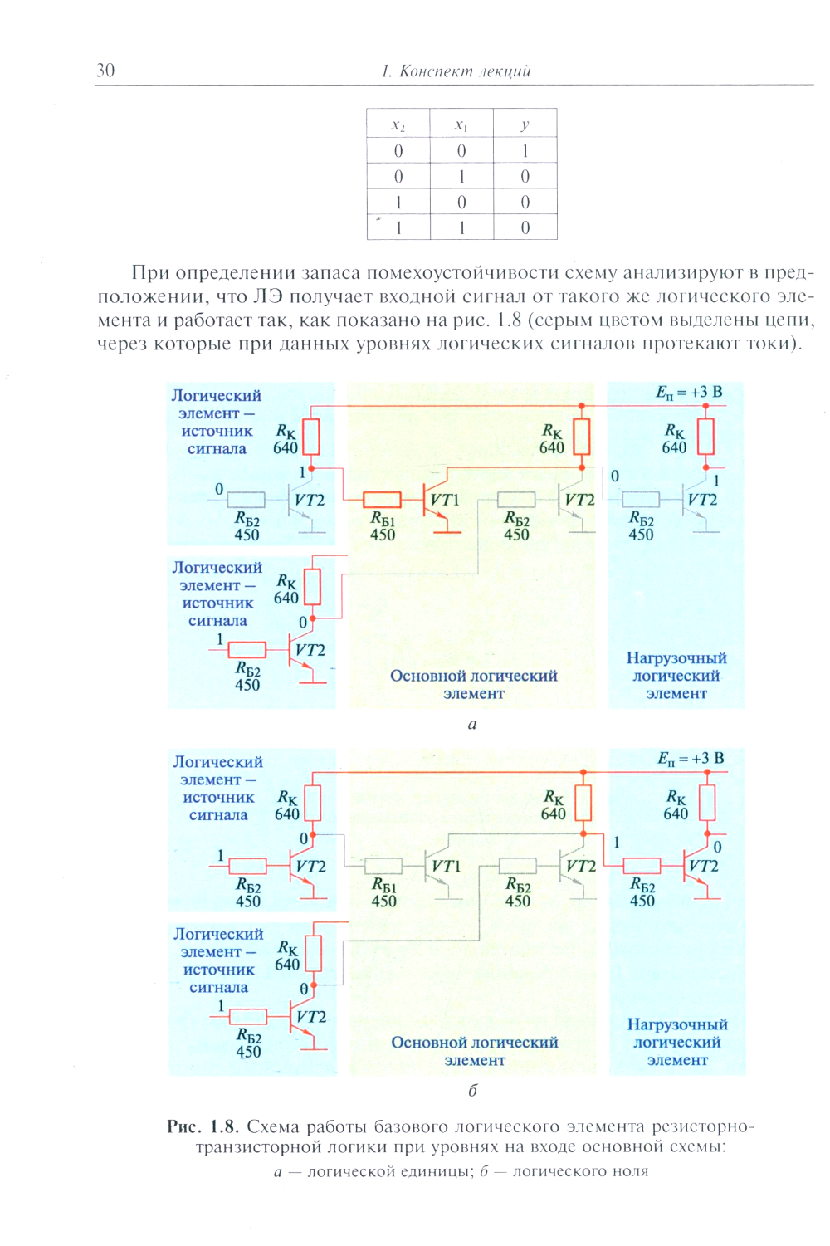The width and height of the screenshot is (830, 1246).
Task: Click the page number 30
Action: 105,71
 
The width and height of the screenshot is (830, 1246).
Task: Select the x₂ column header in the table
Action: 398,125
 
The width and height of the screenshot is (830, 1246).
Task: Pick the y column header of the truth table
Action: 525,125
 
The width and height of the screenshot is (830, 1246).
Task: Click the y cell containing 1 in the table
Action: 525,151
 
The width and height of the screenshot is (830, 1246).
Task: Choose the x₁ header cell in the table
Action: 461,125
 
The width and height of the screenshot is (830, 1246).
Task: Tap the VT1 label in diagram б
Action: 446,866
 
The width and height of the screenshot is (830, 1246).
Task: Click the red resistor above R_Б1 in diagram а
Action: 383,500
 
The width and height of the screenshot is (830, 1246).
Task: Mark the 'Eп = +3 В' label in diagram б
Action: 691,759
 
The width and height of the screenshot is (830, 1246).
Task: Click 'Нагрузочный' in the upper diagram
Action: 676,658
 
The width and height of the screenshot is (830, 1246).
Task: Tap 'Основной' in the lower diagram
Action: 426,1043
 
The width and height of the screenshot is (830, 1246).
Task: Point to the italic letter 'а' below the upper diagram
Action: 472,724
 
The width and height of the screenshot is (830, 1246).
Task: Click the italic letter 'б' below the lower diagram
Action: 472,1090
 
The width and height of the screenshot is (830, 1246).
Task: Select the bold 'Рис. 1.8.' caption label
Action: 203,1126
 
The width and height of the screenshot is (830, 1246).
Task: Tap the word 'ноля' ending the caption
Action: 628,1171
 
